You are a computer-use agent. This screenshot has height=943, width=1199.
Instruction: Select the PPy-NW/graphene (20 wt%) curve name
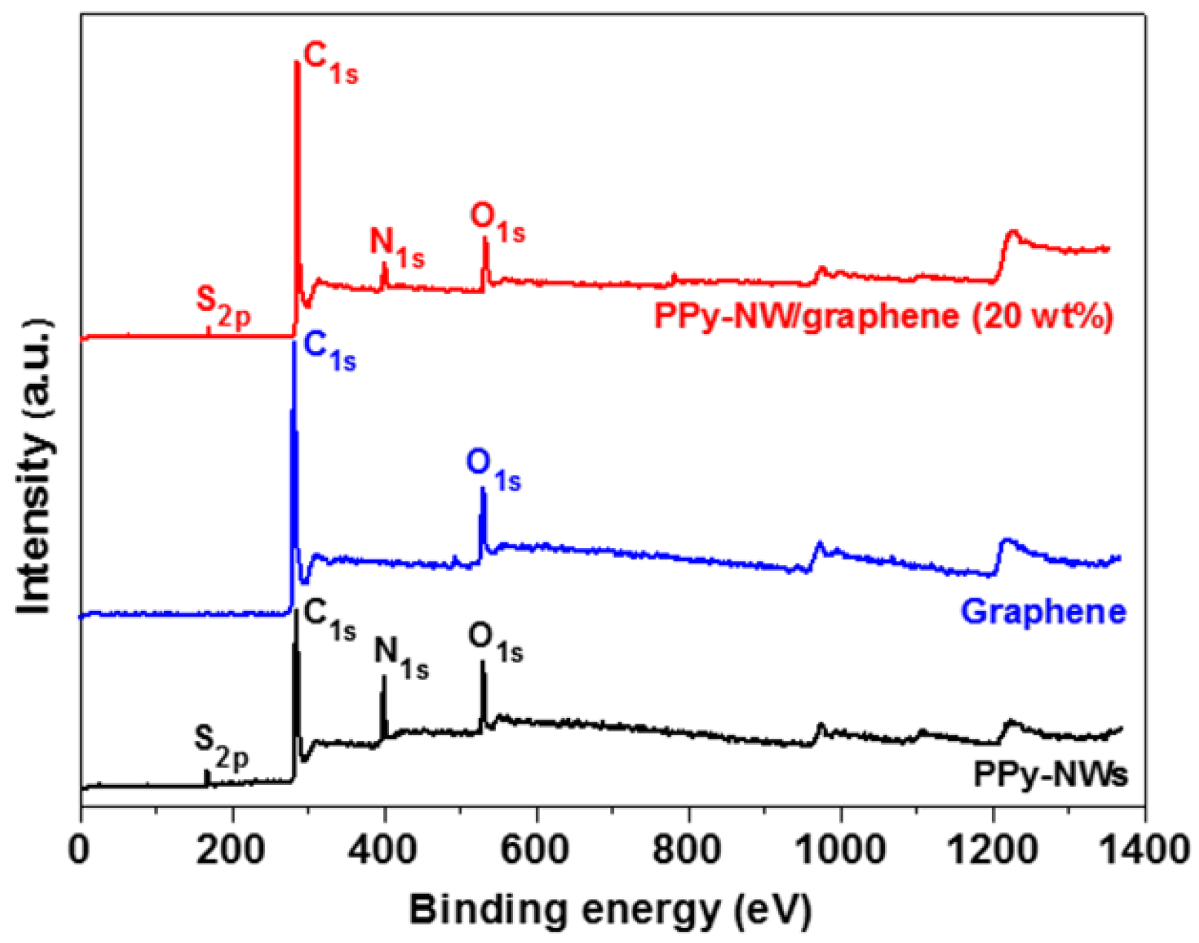[883, 317]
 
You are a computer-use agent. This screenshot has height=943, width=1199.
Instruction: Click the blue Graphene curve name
[1043, 612]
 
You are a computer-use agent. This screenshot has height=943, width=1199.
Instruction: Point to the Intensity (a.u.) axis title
[36, 466]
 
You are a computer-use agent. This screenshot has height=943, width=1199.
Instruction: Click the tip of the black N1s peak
[384, 676]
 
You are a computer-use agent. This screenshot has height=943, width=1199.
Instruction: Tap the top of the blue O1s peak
[483, 489]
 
